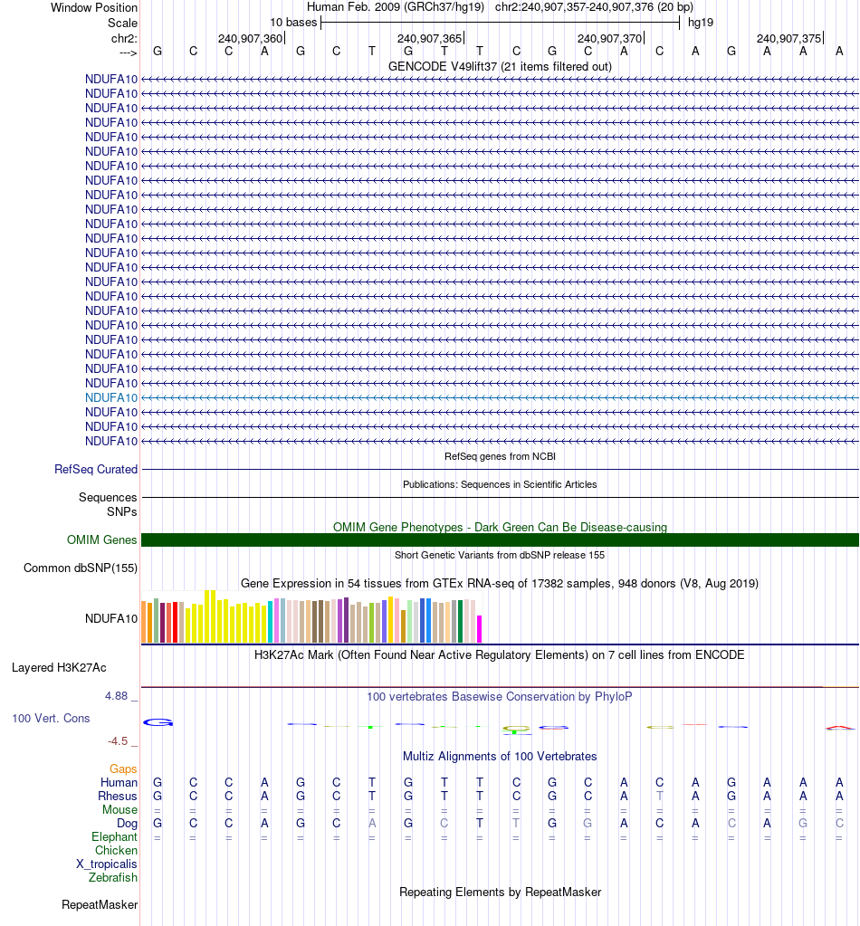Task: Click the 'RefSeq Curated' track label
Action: (x=96, y=470)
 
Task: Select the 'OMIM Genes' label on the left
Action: (x=102, y=540)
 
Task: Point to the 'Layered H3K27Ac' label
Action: (x=59, y=668)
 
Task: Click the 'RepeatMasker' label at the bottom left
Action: (x=100, y=904)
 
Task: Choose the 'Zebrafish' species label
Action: (x=113, y=877)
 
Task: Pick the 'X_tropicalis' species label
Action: (x=107, y=864)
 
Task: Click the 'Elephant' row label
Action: (x=114, y=837)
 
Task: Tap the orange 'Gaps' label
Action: (x=123, y=768)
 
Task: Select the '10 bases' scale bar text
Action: (x=293, y=22)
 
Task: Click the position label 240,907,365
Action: (x=429, y=38)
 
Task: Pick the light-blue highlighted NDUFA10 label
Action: (x=111, y=397)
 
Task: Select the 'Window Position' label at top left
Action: (x=94, y=7)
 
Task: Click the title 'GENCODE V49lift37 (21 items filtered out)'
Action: (x=500, y=66)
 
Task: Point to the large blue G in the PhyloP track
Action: (x=158, y=722)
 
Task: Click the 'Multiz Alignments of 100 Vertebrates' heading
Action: (x=500, y=756)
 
